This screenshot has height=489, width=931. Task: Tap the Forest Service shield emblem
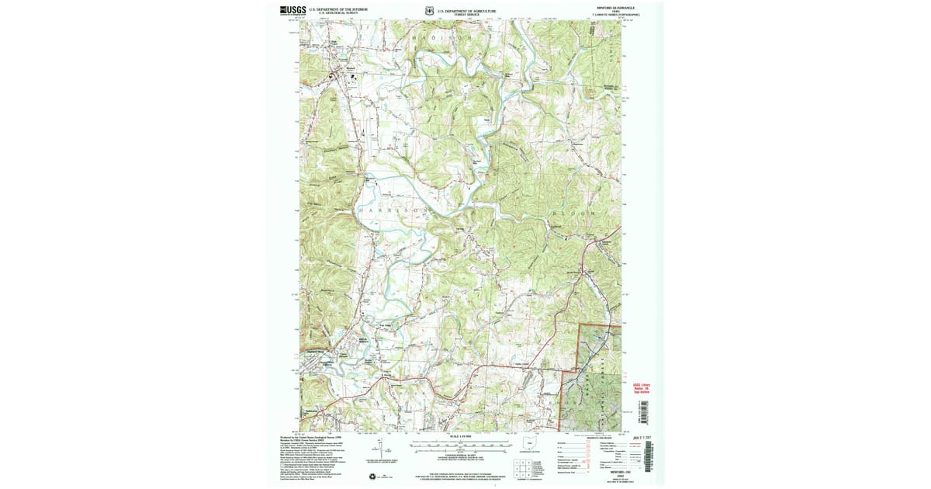429,12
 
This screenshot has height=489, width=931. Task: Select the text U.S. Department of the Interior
338,9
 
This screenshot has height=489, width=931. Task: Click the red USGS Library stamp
642,388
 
